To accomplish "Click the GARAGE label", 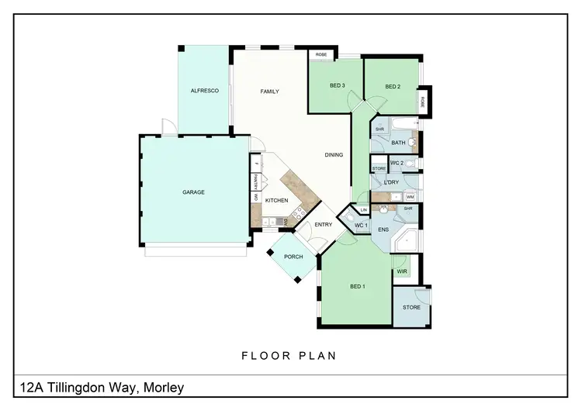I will (193, 192).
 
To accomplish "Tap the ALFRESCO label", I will (205, 92).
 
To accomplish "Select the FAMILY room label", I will (269, 92).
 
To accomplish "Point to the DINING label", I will (334, 155).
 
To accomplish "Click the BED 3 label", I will (337, 86).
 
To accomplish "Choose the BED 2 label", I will (393, 86).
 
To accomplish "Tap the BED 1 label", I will (357, 287).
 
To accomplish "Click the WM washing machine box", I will (409, 197).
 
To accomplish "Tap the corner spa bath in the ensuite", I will (406, 243).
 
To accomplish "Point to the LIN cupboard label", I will (363, 209).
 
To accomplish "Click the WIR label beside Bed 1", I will (402, 272).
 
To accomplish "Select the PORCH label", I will (293, 257).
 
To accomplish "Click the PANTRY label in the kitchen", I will (255, 182).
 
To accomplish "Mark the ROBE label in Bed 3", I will (320, 54).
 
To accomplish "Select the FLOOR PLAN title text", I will (289, 356).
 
